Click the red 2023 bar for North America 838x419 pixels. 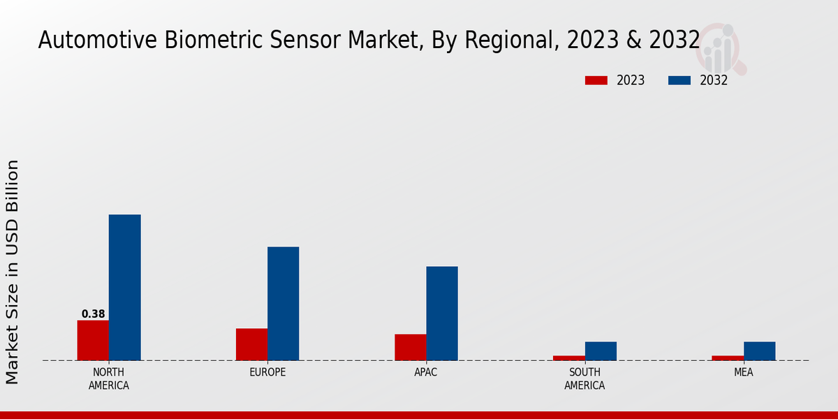(x=93, y=340)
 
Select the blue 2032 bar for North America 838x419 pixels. (x=124, y=287)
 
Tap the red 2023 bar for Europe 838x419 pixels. (x=251, y=344)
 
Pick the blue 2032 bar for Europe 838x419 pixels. (x=283, y=303)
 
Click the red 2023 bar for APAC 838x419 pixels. (x=410, y=347)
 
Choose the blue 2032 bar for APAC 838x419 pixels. (x=442, y=313)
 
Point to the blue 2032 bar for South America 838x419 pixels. (x=601, y=351)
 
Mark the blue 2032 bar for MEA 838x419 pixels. (x=759, y=351)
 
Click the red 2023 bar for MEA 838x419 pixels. (x=728, y=358)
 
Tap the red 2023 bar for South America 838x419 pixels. (x=569, y=358)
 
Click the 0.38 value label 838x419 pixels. (x=93, y=314)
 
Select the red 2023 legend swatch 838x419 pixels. (x=596, y=80)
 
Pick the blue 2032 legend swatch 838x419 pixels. (x=679, y=80)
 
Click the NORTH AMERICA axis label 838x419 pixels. (x=108, y=378)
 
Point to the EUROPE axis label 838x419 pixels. (x=267, y=372)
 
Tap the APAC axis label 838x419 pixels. (x=426, y=372)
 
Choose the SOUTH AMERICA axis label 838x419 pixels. (x=585, y=378)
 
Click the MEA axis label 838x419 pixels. (x=743, y=372)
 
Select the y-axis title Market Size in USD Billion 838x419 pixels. (x=13, y=272)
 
